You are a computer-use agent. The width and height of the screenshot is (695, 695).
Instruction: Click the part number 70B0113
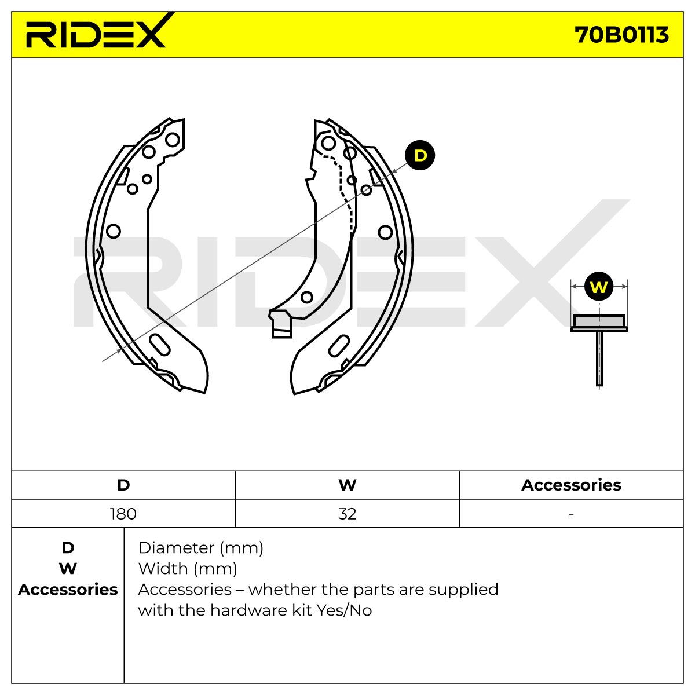(x=621, y=35)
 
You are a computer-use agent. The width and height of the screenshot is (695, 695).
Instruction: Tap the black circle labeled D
(x=420, y=155)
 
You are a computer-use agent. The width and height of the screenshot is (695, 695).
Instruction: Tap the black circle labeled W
(x=599, y=287)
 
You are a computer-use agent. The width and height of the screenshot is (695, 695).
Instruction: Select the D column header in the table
(x=123, y=485)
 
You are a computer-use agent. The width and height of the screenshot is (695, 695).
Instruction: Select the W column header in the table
(x=348, y=485)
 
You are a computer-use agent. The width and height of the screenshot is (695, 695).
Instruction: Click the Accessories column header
(x=571, y=485)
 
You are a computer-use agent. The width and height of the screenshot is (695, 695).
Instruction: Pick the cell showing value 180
(x=123, y=514)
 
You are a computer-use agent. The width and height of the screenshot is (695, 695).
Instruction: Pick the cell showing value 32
(x=348, y=514)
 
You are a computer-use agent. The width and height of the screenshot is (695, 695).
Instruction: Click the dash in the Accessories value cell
(x=571, y=514)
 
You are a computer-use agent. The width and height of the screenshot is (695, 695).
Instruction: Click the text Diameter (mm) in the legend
(x=201, y=548)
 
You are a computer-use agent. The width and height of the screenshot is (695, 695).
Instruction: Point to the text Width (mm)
(x=188, y=569)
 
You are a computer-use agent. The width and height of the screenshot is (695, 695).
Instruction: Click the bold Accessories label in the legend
(x=68, y=590)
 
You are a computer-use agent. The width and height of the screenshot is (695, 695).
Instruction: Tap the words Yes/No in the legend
(x=344, y=610)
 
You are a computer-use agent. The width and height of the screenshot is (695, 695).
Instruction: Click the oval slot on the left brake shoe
(x=159, y=345)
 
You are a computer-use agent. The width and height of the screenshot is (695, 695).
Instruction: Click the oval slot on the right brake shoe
(x=339, y=346)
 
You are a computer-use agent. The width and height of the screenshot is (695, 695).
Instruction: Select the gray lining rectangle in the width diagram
(x=599, y=321)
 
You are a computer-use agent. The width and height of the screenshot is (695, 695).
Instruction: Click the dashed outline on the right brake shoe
(x=341, y=191)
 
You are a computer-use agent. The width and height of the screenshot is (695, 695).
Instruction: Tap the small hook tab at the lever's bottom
(x=280, y=324)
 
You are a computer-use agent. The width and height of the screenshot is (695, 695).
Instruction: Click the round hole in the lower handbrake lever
(x=306, y=297)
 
